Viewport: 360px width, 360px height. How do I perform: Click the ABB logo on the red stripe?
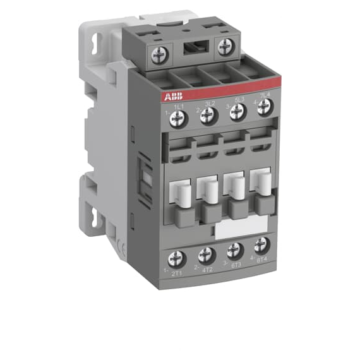(172, 97)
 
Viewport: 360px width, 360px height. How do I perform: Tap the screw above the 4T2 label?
(207, 255)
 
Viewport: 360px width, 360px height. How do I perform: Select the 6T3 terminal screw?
(235, 249)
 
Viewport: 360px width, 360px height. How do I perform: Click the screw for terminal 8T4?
(261, 245)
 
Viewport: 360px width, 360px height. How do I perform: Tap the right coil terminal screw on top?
(225, 45)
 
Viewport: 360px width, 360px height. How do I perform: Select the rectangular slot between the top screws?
(194, 50)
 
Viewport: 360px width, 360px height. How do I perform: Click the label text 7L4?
(265, 95)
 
